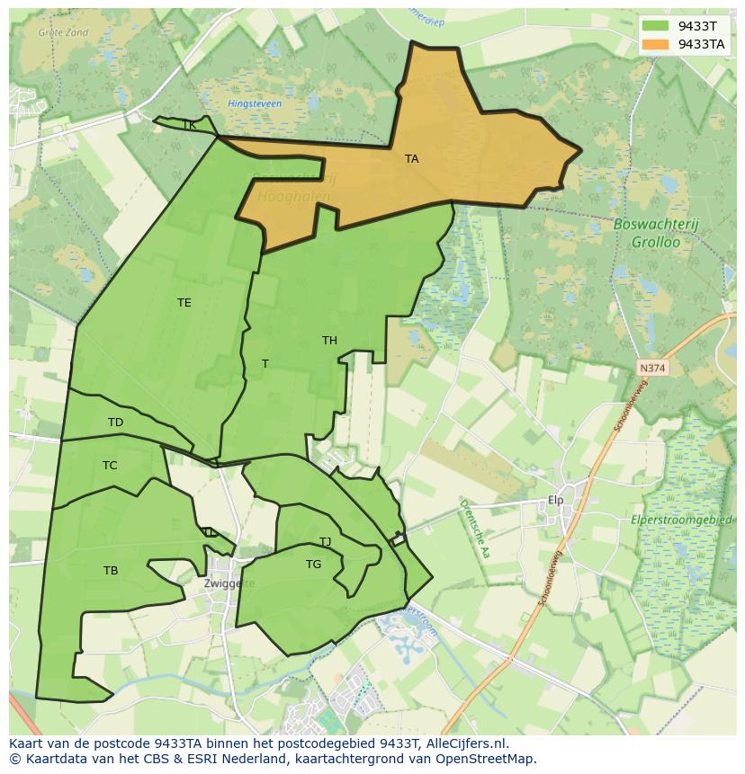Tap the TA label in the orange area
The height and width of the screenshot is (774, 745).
coord(411,159)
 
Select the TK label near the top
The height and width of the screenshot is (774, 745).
coord(189,125)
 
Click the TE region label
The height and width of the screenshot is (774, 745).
coord(184,303)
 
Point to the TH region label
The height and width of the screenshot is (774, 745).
coord(329,341)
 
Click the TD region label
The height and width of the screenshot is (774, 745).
coord(115,423)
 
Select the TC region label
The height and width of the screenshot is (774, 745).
coord(110,466)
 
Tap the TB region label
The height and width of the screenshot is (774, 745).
coord(111,571)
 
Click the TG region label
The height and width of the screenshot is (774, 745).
coord(313,565)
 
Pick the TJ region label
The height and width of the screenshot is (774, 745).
coord(325,542)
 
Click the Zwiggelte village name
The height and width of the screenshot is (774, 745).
coord(229,583)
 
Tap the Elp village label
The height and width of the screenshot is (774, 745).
coord(555,501)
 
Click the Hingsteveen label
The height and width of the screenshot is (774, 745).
coord(255,104)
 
